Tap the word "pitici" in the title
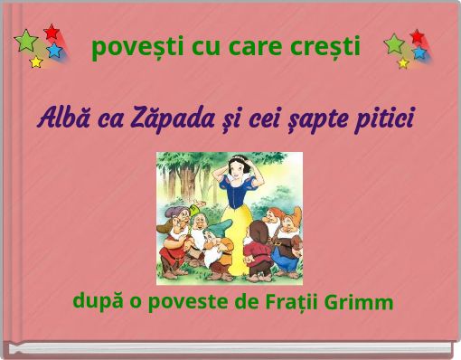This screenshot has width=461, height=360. tap(382, 119)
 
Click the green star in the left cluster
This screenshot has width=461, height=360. tap(26, 42)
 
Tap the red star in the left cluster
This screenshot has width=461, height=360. tap(52, 33)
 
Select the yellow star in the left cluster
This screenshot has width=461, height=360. tap(36, 62)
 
